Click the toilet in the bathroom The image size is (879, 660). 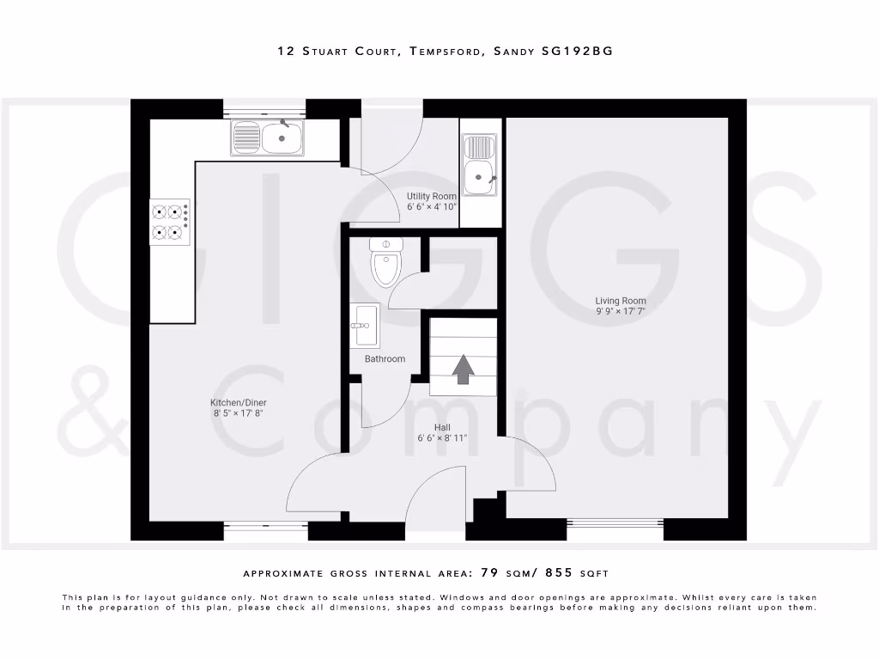[386, 263]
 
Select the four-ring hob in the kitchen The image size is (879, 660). [169, 221]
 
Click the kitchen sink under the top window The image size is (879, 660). [267, 137]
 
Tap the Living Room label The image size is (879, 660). [621, 301]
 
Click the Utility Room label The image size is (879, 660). [432, 196]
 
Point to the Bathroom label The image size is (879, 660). [385, 358]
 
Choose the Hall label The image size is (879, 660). [442, 427]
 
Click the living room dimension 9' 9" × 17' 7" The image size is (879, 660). [621, 312]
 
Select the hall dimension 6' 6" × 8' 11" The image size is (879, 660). [442, 438]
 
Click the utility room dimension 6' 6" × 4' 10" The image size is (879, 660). [432, 207]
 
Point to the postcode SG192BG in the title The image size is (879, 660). [578, 52]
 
